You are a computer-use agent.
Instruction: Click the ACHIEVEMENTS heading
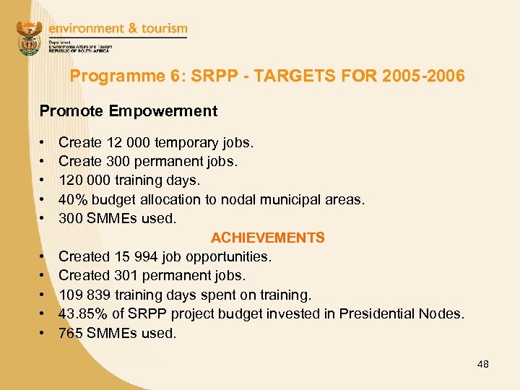267,238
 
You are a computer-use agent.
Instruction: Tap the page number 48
482,364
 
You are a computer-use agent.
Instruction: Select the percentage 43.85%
83,313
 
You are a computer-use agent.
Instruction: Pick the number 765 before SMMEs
70,333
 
